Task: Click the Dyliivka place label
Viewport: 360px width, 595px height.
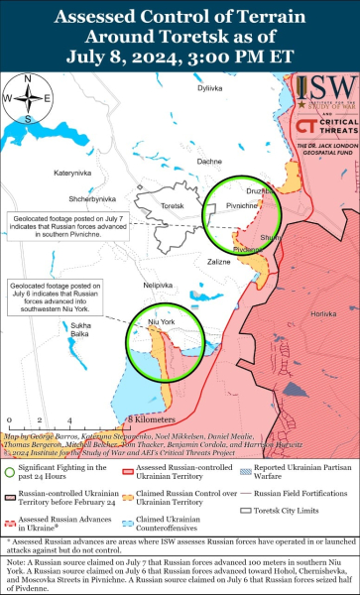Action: coord(208,116)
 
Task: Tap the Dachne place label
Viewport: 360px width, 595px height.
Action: coord(209,161)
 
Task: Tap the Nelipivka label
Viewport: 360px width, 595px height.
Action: coord(160,286)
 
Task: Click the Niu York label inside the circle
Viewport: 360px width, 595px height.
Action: coord(161,323)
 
